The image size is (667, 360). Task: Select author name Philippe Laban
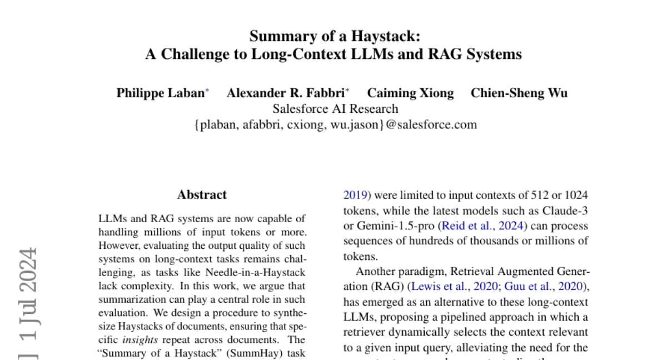160,93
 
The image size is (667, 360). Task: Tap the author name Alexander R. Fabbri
285,93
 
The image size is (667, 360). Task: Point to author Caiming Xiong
410,93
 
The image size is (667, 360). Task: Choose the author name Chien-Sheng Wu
519,93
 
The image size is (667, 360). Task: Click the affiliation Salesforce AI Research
335,108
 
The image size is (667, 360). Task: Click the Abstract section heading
202,195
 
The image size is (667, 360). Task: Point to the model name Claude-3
565,211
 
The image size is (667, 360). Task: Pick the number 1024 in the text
576,195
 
